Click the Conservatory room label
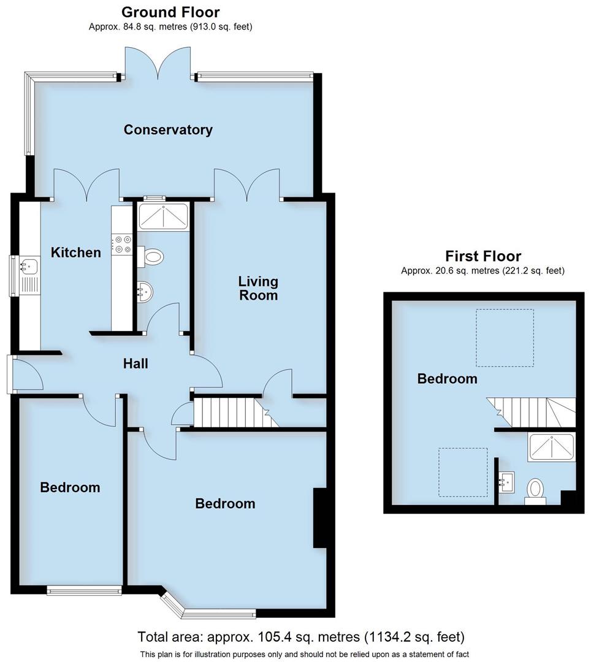coord(168,130)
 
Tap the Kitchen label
coord(75,252)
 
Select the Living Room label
coord(258,288)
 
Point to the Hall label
coord(135,363)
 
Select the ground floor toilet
coord(152,256)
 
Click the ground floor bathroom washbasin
coord(144,291)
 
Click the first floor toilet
coord(535,491)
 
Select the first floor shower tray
coord(551,447)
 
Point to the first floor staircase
coord(532,411)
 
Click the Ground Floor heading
coord(170,12)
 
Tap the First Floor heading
coord(483,256)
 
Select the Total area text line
coord(301,636)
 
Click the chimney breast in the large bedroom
coord(320,517)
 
